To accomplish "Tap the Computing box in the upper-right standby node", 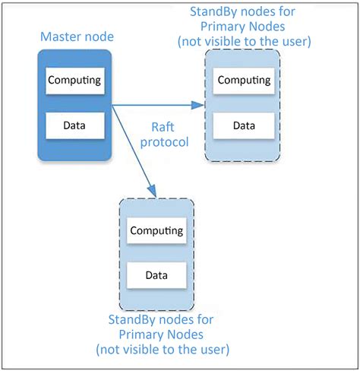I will point(242,79).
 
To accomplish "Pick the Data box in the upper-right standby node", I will point(242,125).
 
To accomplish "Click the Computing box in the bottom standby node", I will point(156,230).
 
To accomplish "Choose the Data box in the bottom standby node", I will point(156,274).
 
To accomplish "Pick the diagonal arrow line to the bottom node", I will point(134,148).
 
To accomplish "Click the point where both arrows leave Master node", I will point(113,106).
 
